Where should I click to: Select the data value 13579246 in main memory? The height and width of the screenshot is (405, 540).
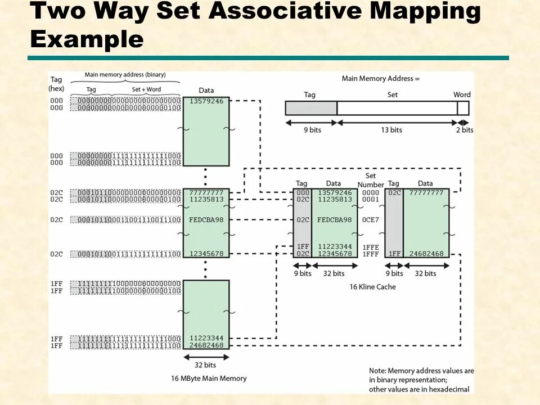click(x=206, y=101)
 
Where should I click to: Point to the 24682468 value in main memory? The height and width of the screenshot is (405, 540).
click(x=206, y=345)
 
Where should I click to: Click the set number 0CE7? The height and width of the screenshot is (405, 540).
click(x=371, y=220)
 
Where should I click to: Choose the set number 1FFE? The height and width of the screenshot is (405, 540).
click(x=371, y=247)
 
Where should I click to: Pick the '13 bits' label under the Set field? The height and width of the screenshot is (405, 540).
click(x=391, y=130)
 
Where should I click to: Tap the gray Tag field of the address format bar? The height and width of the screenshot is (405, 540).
click(x=310, y=108)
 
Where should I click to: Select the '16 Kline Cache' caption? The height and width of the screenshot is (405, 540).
click(x=372, y=287)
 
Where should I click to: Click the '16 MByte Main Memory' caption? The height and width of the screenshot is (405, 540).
click(x=209, y=378)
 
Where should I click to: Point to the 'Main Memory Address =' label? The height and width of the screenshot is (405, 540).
click(x=381, y=79)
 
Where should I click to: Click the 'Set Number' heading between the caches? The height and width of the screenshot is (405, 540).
click(x=371, y=180)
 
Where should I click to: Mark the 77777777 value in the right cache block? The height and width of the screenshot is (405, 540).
click(x=426, y=192)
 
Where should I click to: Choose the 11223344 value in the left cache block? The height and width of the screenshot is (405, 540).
click(x=335, y=247)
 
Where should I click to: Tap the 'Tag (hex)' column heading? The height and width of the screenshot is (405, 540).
click(x=56, y=84)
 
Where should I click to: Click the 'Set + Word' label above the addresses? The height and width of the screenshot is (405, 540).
click(x=146, y=89)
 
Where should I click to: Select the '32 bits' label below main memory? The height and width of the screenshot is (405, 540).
click(x=206, y=365)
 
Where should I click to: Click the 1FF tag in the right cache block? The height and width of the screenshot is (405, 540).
click(x=394, y=254)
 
